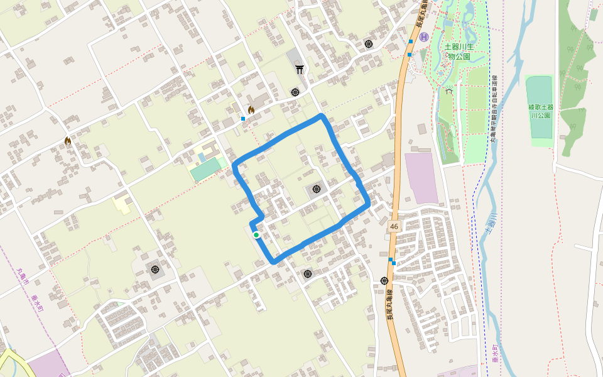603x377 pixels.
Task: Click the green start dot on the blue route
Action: coord(256,235)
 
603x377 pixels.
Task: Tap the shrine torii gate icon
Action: coord(300,69)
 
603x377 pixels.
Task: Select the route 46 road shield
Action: coord(394,226)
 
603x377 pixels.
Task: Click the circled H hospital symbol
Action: coord(424,37)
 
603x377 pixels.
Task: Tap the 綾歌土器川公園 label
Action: coord(540,111)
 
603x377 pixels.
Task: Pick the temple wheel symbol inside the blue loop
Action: coord(315,188)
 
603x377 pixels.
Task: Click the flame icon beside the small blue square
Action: coord(251,110)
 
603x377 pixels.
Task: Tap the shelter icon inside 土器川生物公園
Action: coord(448,90)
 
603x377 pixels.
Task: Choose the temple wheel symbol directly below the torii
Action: coord(295,92)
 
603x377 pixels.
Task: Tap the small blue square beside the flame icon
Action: coord(242,118)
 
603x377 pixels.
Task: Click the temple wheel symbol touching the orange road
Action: coord(384,280)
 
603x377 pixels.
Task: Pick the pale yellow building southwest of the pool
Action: coord(122,205)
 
